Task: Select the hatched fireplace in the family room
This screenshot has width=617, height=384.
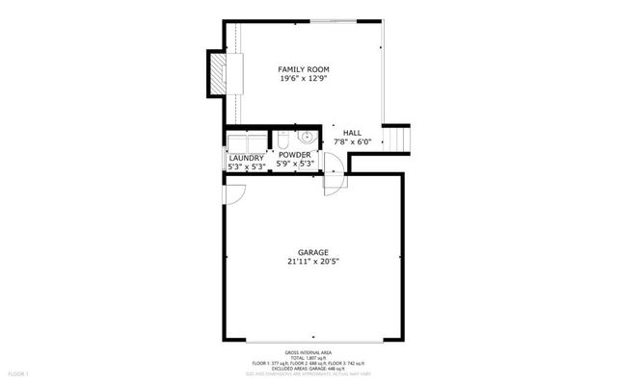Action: click(x=222, y=73)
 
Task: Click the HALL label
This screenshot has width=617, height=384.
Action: click(x=354, y=132)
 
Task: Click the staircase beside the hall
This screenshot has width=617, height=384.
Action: click(x=397, y=140)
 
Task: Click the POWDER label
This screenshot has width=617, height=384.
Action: click(x=295, y=155)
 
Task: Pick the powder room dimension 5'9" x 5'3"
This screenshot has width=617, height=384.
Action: click(x=295, y=166)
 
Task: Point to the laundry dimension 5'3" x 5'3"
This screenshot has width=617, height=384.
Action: click(x=247, y=166)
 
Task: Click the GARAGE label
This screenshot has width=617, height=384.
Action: click(x=306, y=251)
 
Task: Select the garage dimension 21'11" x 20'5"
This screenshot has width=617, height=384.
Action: click(x=306, y=262)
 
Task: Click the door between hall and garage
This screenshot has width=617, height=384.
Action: click(x=334, y=179)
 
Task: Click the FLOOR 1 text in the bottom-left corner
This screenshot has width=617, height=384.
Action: click(x=19, y=372)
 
